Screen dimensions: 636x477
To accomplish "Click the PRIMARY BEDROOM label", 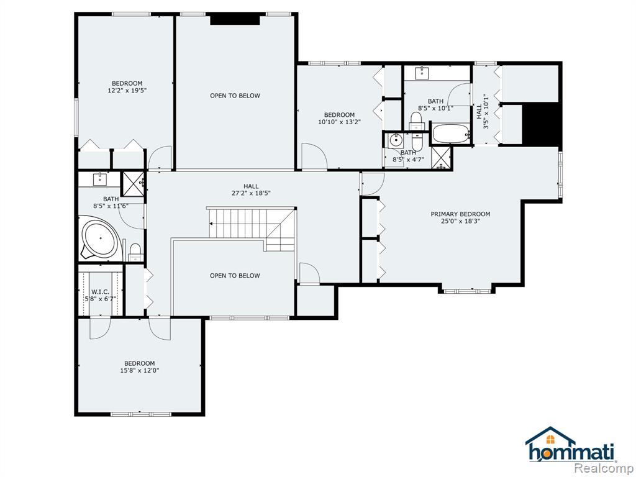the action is (x=460, y=214).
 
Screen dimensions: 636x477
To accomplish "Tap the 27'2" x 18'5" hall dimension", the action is (x=251, y=193).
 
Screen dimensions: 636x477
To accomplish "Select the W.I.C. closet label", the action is (x=100, y=292).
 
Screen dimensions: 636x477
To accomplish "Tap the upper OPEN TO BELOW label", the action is (x=235, y=96).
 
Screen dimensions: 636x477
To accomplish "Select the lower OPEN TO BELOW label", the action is (x=235, y=276).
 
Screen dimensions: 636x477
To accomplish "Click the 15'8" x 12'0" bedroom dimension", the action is (x=140, y=370).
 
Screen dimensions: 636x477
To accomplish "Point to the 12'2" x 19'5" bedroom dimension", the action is (x=127, y=91).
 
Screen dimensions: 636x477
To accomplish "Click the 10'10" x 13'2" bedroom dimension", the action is (x=340, y=122).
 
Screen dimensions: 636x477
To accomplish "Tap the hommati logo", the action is (x=571, y=445).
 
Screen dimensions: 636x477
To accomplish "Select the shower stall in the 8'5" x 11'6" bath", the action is (x=133, y=183).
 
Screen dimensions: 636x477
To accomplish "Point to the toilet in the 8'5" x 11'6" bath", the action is (x=135, y=252).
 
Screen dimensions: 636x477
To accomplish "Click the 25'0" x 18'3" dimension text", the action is (x=460, y=221).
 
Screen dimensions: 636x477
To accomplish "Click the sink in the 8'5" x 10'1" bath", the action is (x=422, y=73).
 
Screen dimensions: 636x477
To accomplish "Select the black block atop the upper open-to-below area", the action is (x=235, y=19).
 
